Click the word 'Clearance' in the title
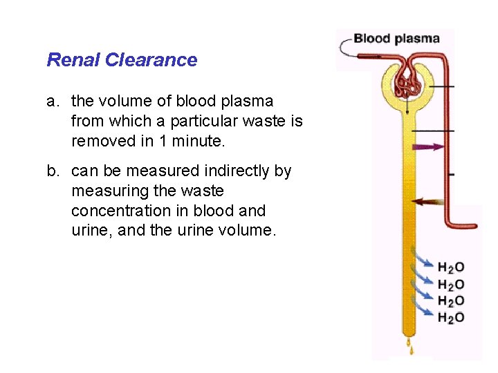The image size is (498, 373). tap(151, 60)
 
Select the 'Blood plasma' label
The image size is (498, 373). tap(396, 38)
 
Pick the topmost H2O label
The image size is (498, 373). tap(451, 267)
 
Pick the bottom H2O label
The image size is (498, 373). tap(451, 318)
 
